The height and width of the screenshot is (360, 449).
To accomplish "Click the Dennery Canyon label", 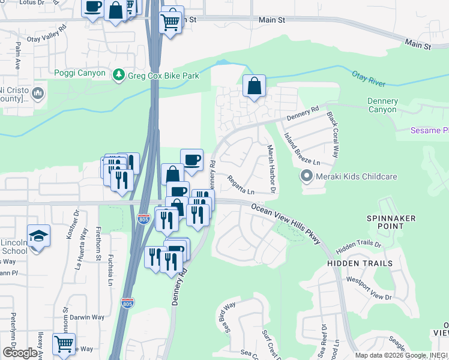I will click(x=382, y=106).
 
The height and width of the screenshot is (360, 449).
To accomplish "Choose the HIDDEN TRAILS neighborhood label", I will click(x=360, y=263).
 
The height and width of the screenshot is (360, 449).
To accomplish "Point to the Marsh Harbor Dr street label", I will click(x=270, y=169).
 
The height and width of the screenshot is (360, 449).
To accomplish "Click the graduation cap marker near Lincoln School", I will click(x=38, y=235).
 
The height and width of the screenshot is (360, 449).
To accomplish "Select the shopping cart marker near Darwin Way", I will click(x=64, y=343).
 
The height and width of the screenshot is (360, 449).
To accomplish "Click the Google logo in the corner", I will click(x=20, y=353).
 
